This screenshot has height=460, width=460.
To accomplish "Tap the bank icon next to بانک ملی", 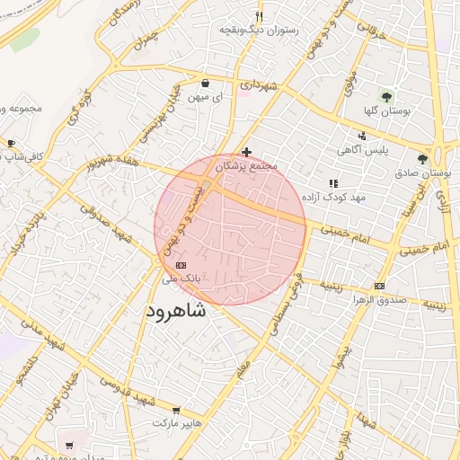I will point(181,266).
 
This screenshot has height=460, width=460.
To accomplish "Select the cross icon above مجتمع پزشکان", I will point(247,152).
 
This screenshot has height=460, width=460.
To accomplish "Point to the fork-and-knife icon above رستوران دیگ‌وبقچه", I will point(259,16).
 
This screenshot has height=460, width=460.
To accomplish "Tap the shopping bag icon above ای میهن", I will point(206,82).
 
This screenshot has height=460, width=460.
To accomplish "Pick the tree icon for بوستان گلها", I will point(387,96).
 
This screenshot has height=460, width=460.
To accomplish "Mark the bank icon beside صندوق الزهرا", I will point(379,286).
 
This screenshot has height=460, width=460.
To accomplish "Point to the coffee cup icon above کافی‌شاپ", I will point(11,143).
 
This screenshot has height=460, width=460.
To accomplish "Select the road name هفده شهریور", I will point(113,164).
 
